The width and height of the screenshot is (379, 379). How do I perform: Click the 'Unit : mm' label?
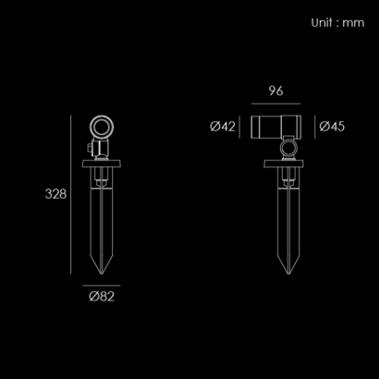337,23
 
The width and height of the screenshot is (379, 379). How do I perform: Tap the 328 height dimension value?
55,194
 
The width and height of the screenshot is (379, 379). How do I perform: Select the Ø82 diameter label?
102,297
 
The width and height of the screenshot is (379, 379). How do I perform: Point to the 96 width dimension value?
275,91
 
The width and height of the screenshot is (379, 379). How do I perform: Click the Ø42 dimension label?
223,127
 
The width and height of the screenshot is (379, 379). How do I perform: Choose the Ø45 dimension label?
332,127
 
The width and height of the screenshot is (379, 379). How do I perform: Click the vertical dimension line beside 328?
70,194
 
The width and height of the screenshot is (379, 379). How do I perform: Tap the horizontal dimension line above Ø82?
102,286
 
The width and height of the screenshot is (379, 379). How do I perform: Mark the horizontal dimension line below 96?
275,104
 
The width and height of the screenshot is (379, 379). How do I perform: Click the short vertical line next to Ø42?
239,128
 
